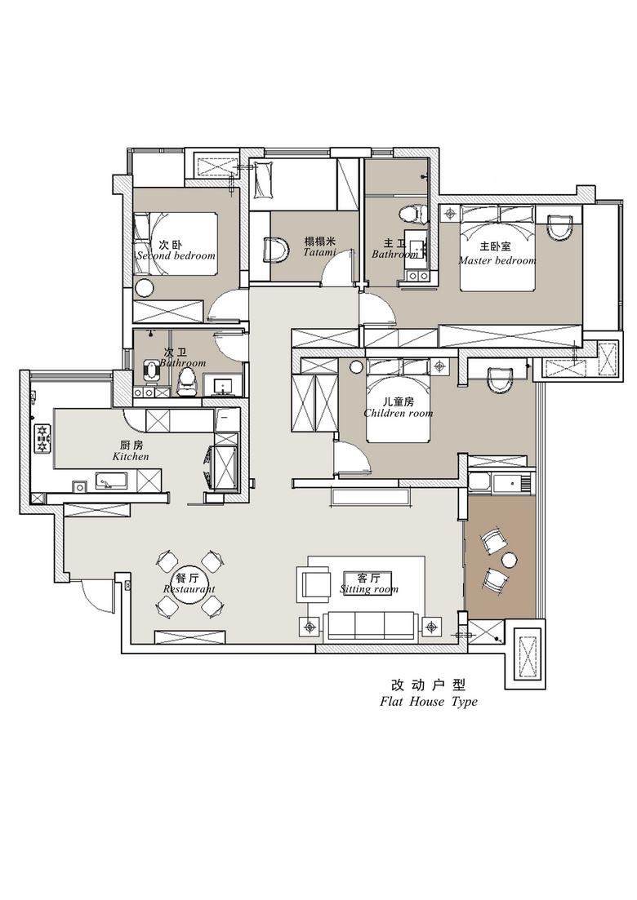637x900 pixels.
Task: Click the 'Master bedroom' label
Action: (x=497, y=260)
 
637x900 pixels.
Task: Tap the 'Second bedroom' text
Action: (x=176, y=255)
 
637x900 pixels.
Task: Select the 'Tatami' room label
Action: (x=319, y=252)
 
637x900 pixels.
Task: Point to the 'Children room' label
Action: (x=398, y=413)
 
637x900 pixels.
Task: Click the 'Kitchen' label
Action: (x=131, y=456)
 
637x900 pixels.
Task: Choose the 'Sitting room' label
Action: (x=369, y=589)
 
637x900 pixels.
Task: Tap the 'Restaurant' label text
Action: (x=189, y=589)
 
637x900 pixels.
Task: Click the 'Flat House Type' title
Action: (x=429, y=702)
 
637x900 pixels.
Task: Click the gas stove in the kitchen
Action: (x=42, y=438)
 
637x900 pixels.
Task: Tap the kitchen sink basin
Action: (x=111, y=481)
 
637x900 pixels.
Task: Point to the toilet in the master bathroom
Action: (x=413, y=215)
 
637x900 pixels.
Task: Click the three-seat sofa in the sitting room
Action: (x=370, y=626)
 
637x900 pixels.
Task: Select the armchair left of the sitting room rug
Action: (x=314, y=584)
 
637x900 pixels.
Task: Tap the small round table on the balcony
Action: (x=509, y=560)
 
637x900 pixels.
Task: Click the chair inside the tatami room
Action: (x=275, y=250)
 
